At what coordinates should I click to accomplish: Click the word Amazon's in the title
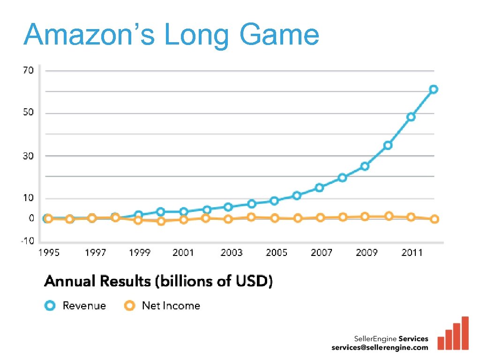pos(88,35)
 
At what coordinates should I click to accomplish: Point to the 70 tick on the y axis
pos(29,70)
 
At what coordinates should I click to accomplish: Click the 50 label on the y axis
pos(29,112)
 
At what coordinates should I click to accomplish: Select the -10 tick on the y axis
pos(27,240)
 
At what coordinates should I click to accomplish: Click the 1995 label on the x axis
pos(49,253)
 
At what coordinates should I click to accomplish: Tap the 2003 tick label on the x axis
pos(232,253)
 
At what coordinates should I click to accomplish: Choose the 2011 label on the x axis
pos(412,253)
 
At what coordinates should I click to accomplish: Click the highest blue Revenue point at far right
pos(434,89)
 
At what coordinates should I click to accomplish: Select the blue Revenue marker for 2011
pos(411,117)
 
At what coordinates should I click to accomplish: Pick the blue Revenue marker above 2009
pos(365,166)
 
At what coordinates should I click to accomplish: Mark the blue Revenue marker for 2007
pos(319,187)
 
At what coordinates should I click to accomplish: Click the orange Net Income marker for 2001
pos(184,219)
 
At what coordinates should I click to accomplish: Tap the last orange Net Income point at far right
pos(435,219)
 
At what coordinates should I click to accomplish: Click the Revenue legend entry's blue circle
pos(50,306)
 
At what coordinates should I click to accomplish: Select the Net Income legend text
pos(171,306)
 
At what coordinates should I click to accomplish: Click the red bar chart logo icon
pos(453,334)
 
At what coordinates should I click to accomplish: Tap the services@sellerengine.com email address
pos(380,347)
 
